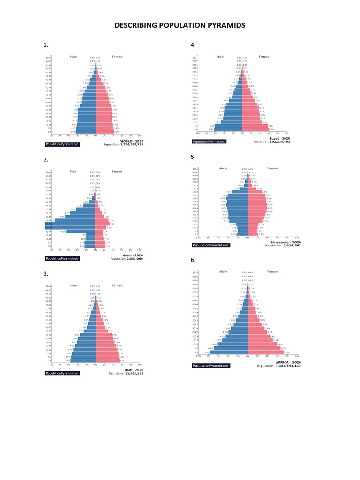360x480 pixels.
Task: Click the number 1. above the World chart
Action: pos(46,45)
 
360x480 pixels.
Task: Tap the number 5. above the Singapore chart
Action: pos(193,157)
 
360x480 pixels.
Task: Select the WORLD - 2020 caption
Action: pos(132,141)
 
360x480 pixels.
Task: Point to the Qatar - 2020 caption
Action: pos(133,255)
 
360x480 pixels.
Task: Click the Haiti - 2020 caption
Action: pos(134,370)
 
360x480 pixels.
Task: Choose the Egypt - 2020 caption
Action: pos(280,138)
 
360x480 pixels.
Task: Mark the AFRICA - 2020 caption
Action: pos(288,362)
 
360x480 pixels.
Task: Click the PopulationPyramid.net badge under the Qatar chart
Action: pos(62,259)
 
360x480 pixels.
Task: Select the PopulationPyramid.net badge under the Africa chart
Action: pos(210,366)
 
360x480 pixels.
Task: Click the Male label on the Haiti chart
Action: pos(73,285)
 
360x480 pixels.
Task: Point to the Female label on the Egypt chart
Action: pos(264,57)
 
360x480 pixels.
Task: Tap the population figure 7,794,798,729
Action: pos(132,145)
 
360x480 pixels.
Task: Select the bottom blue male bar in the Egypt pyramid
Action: pos(228,129)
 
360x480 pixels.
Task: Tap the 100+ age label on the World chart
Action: pos(48,58)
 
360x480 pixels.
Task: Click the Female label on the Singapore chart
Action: pos(272,168)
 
